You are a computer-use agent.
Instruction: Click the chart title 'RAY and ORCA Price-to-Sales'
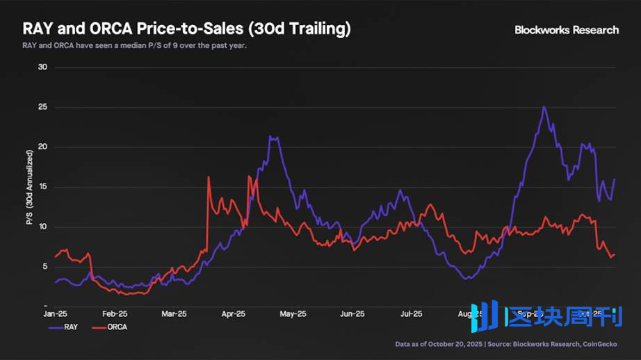186,29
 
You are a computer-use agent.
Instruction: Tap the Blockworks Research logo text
566,30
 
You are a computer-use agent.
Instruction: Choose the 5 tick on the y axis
43,267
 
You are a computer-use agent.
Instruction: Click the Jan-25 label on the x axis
56,313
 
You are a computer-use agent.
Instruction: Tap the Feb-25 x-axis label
115,313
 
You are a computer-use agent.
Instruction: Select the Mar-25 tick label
174,313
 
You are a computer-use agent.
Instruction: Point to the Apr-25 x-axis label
234,313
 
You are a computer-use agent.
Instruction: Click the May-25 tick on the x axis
293,313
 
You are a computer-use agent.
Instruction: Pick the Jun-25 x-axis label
352,313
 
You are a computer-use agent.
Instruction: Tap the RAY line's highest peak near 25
544,107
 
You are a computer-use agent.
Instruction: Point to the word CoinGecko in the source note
599,344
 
